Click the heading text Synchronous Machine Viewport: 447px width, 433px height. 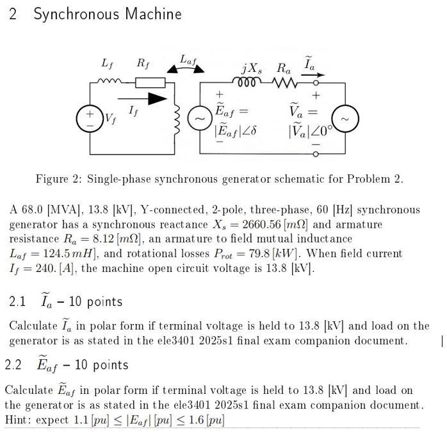pyautogui.click(x=108, y=14)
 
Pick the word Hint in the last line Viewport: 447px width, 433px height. pyautogui.click(x=18, y=420)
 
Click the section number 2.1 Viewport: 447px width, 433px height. pyautogui.click(x=18, y=301)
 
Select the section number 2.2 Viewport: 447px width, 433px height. pyautogui.click(x=13, y=365)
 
